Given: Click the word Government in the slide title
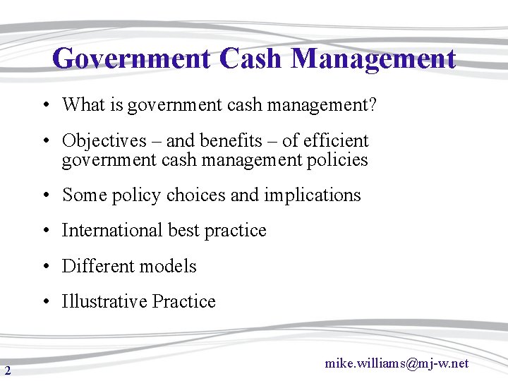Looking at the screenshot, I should coord(131,59).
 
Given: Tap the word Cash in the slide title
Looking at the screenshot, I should coord(251,59).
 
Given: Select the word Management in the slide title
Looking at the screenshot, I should coord(373,59).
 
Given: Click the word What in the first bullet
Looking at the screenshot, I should coord(83,105).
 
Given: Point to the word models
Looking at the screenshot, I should coord(169,267).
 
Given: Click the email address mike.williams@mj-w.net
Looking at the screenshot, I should coord(397,363).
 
